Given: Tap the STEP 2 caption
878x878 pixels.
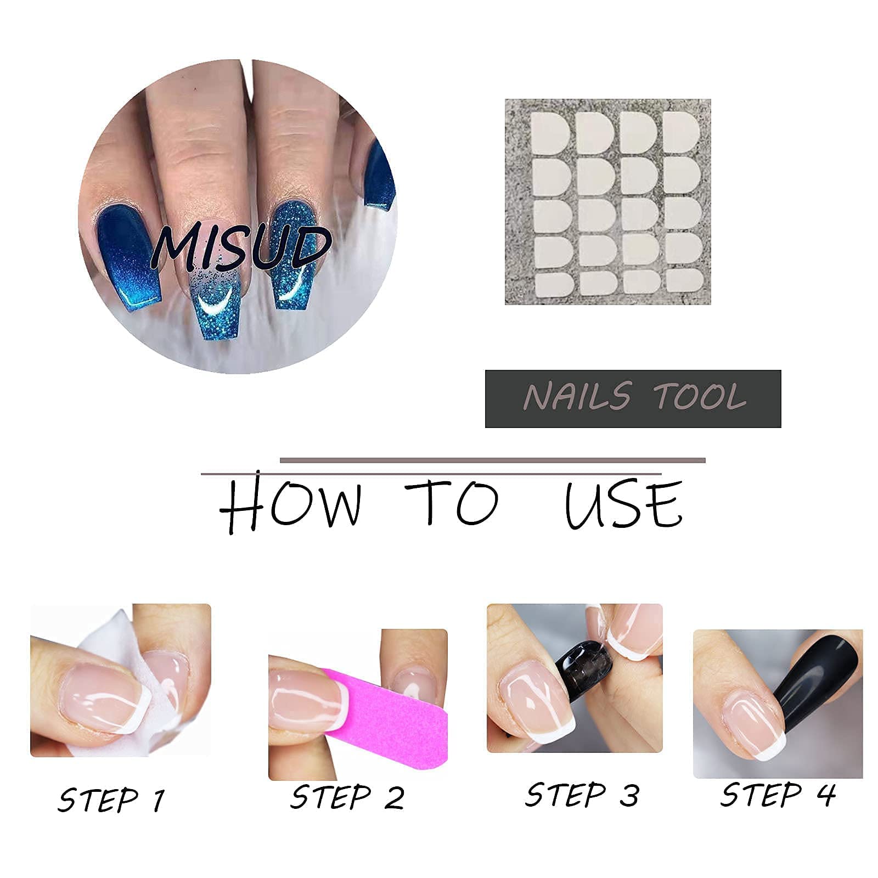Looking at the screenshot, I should (347, 797).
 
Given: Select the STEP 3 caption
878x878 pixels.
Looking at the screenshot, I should (582, 795).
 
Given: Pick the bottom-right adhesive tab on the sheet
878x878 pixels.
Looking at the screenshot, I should (684, 280).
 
